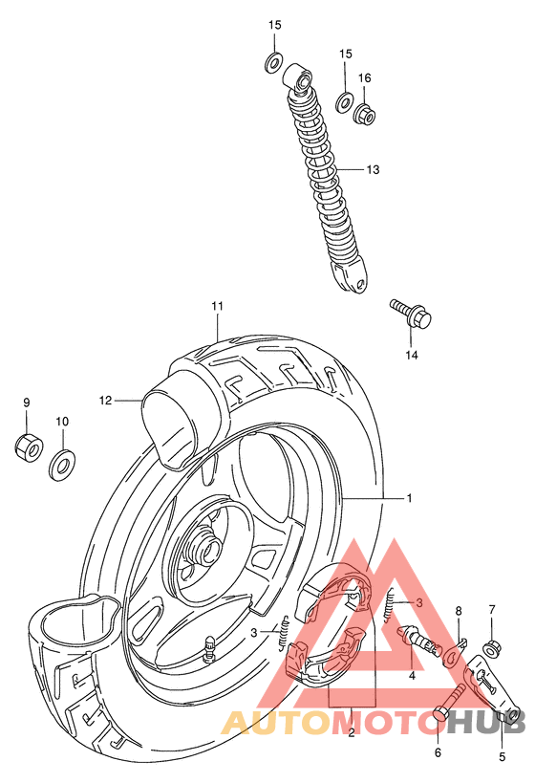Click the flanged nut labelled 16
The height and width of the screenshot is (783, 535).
[x=364, y=116]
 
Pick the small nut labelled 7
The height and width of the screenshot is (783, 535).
[x=492, y=648]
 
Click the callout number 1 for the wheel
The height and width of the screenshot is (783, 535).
[x=408, y=498]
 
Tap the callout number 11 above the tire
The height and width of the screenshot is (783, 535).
[x=218, y=306]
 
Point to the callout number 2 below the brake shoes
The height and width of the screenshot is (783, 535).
[x=352, y=733]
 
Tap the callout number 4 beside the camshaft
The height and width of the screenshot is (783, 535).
[x=412, y=675]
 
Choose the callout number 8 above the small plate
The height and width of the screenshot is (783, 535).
[x=459, y=611]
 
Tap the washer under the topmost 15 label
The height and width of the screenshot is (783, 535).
[x=273, y=64]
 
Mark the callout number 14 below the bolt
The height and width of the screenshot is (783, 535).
[x=412, y=356]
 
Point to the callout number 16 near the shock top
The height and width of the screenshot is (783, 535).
[x=364, y=78]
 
